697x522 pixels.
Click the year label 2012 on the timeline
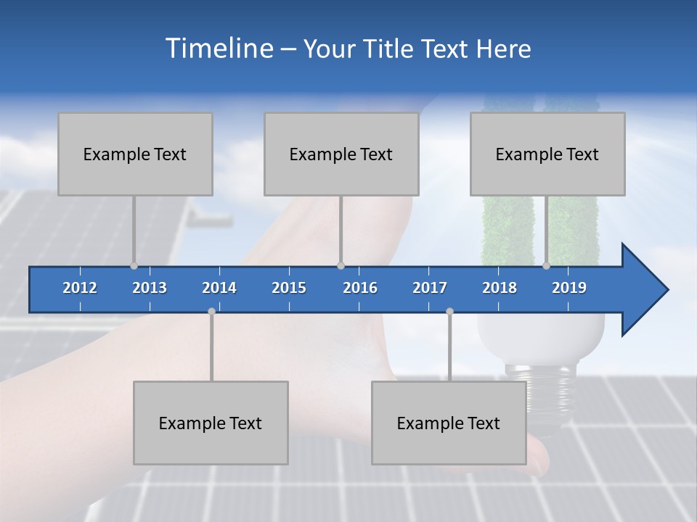[80, 288]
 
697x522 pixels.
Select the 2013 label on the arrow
[150, 288]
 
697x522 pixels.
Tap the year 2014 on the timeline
[219, 288]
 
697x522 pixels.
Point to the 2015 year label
[289, 288]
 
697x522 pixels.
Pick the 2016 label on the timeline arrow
[360, 288]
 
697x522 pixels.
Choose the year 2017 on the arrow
[430, 288]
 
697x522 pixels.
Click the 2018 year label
[500, 288]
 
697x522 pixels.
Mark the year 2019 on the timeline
[569, 288]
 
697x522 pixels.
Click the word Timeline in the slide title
[218, 49]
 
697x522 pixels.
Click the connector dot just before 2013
[134, 265]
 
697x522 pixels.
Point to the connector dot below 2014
[211, 311]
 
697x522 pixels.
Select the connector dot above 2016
[341, 265]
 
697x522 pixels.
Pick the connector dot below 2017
[449, 311]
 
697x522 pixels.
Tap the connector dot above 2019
[547, 265]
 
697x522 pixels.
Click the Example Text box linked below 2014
[211, 423]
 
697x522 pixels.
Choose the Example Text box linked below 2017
[449, 423]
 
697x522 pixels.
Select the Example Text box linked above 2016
[341, 154]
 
